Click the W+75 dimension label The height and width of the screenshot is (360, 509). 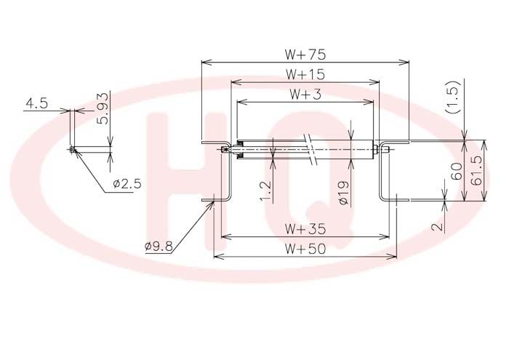[x=305, y=55]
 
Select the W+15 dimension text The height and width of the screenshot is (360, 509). [x=305, y=74]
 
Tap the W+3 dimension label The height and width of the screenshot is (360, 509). [x=305, y=94]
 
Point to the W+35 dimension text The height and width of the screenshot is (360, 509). [x=305, y=229]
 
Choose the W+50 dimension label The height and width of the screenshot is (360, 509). [x=305, y=249]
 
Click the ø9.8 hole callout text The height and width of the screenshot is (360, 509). [x=159, y=247]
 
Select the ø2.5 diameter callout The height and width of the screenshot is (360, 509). [x=127, y=184]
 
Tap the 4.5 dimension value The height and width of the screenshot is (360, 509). [x=36, y=103]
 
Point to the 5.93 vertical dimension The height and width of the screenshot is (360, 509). [x=103, y=108]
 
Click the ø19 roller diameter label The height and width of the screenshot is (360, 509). [x=343, y=193]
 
